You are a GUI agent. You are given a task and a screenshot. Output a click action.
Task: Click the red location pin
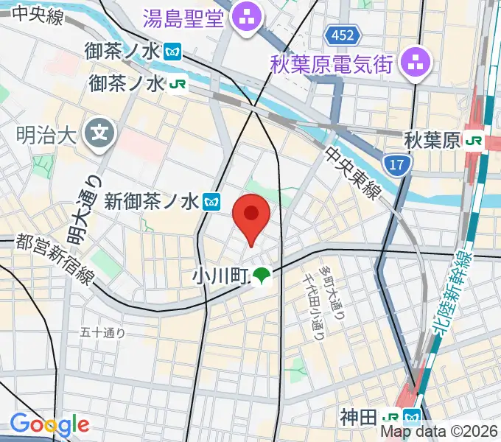[x=251, y=215]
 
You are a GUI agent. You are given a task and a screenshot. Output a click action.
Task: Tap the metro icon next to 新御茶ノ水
[x=212, y=200]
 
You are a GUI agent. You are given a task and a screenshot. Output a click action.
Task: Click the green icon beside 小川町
[x=262, y=276]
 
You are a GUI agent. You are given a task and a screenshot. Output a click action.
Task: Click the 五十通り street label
[x=103, y=332]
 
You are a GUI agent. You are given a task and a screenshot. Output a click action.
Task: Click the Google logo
[x=49, y=425]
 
